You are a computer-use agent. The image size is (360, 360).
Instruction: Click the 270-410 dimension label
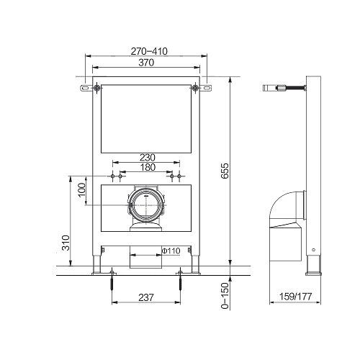(149, 51)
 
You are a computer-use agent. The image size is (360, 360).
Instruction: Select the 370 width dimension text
(146, 63)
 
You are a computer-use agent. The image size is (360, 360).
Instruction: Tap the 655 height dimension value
(225, 171)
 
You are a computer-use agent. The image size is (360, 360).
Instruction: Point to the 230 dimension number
(148, 158)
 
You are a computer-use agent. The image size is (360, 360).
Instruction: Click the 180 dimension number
(148, 167)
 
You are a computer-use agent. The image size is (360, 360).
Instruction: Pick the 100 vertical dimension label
(82, 190)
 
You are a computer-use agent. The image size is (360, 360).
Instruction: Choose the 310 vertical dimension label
(66, 243)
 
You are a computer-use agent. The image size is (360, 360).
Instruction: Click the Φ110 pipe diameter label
(171, 251)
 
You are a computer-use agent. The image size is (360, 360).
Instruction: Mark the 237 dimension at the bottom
(146, 297)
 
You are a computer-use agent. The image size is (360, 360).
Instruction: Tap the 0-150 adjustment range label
(225, 296)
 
